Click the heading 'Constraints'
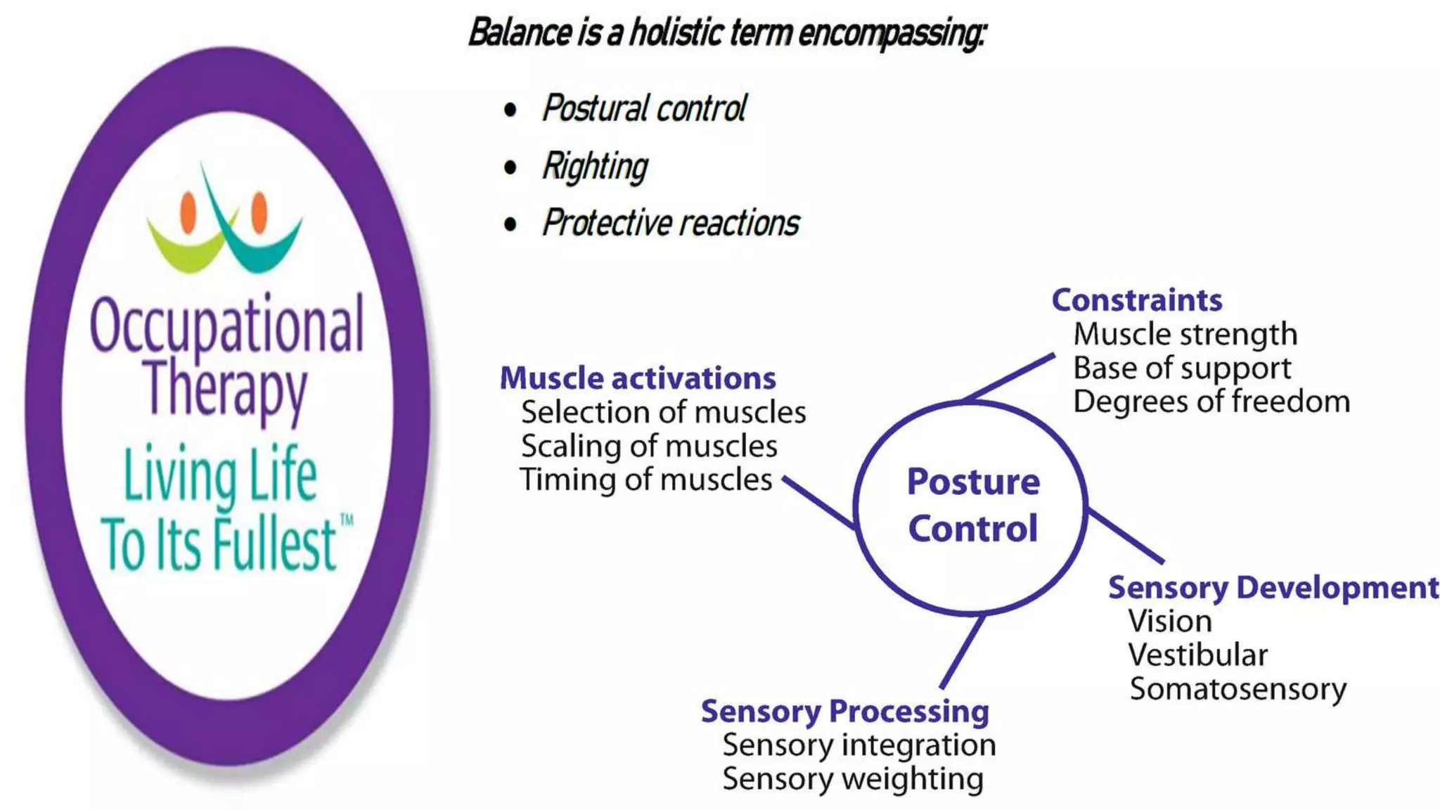[x=1136, y=301]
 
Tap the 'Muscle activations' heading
[x=637, y=379]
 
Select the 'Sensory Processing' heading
[x=844, y=712]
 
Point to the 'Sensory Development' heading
[x=1273, y=588]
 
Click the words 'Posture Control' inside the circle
[x=972, y=506]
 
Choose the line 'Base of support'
[x=1182, y=368]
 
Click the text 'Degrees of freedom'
[x=1211, y=402]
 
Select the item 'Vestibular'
[x=1197, y=655]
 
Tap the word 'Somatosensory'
[x=1237, y=689]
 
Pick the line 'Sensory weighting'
[x=852, y=779]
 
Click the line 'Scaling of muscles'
[x=648, y=446]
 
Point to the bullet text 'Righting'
[x=595, y=167]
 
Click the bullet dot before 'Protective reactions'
[x=510, y=224]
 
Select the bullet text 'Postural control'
[x=643, y=109]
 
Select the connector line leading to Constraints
[x=1009, y=378]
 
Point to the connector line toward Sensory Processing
[x=962, y=652]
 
